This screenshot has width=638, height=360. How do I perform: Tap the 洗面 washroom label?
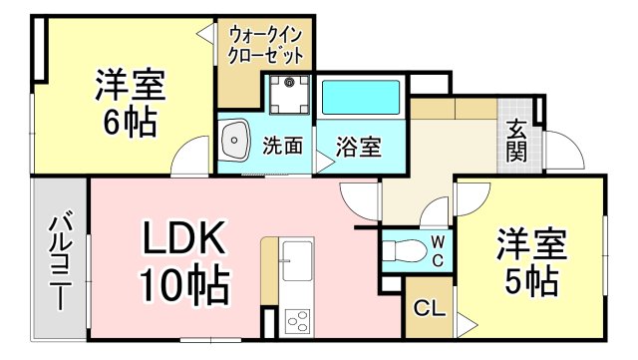coord(282,147)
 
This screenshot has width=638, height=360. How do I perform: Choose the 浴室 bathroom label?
coord(357,147)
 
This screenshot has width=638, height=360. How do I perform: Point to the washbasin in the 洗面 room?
coord(235,145)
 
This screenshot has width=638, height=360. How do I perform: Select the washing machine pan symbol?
coord(288,95)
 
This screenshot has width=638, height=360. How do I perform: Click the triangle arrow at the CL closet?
coord(466,321)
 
